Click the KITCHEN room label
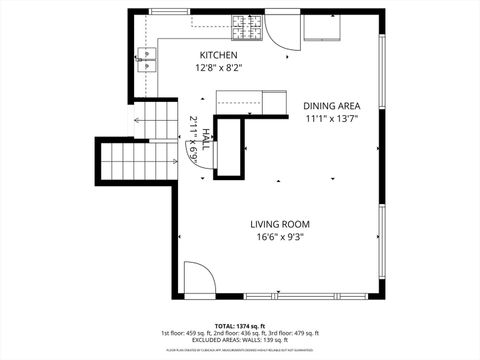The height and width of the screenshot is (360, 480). [218, 55]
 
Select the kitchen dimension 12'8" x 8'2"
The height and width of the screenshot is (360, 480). [218, 68]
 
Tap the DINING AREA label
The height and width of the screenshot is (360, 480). [331, 105]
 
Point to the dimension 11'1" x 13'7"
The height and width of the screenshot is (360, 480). [331, 118]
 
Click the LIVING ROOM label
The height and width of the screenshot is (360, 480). [279, 224]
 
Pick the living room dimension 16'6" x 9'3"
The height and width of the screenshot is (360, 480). [279, 237]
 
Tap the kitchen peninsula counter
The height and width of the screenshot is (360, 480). [239, 100]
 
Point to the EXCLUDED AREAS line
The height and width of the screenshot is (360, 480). [239, 340]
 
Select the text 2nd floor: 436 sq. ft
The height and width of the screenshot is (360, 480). [239, 333]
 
